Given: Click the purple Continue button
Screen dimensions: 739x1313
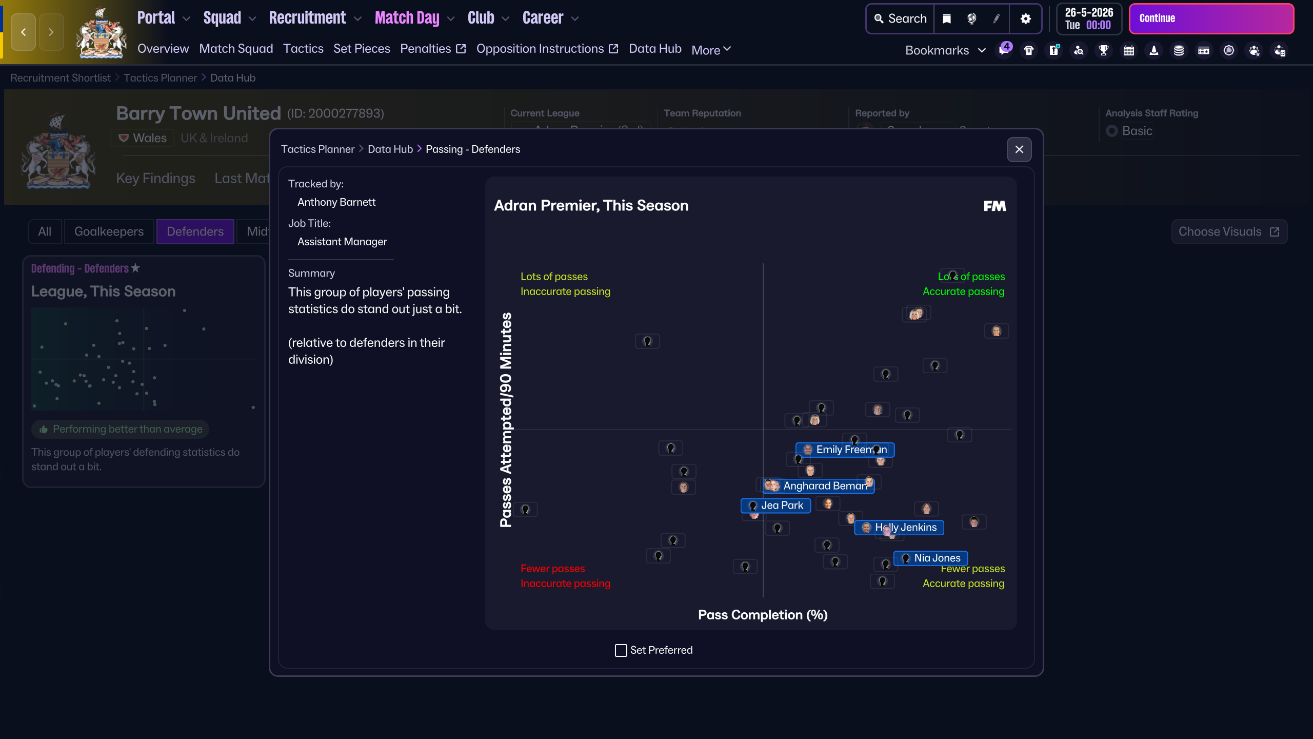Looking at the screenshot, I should (1210, 18).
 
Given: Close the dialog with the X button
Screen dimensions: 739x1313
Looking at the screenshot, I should (1019, 149).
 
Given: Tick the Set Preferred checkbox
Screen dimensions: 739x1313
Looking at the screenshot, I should (621, 650).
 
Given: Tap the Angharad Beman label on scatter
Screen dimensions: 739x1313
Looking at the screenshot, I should (821, 486).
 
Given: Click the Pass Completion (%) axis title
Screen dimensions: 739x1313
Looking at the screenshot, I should (763, 615).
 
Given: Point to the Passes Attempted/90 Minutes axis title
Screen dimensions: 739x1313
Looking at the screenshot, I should (506, 419).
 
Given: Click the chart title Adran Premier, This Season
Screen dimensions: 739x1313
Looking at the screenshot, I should (591, 205).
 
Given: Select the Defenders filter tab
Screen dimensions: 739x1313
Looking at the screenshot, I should (195, 231).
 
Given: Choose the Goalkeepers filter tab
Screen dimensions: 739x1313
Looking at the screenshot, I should (109, 231).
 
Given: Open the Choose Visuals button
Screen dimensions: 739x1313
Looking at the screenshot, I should (1229, 231).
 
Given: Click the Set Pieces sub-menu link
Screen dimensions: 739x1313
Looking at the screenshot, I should (362, 49).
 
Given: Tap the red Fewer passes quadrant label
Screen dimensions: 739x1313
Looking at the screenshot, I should (552, 569).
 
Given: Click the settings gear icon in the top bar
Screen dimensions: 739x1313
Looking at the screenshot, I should (1025, 18).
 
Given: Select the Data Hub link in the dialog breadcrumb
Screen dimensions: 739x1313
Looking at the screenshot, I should (390, 149).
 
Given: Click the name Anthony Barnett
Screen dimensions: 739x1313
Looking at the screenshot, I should (336, 202).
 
